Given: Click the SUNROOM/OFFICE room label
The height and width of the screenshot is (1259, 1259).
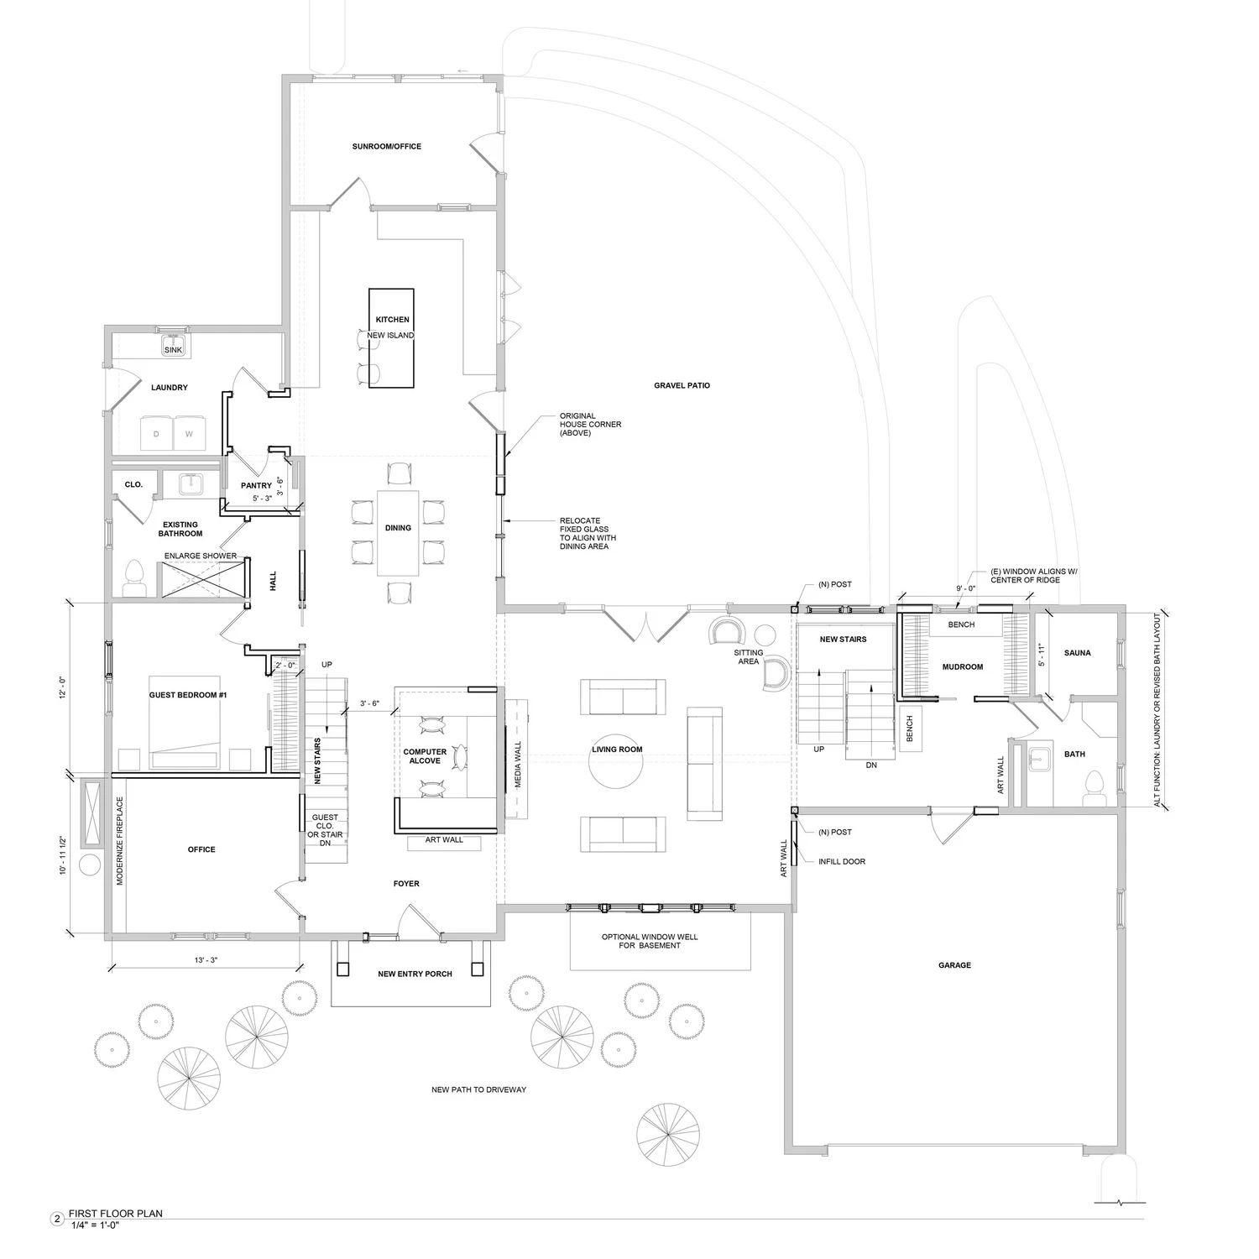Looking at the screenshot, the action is click(x=386, y=147).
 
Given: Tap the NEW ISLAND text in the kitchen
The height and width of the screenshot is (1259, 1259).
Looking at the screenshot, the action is click(x=390, y=336).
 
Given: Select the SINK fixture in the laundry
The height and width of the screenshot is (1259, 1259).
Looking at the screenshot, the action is click(x=173, y=348).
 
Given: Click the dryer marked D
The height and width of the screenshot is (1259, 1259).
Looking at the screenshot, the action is click(x=156, y=434).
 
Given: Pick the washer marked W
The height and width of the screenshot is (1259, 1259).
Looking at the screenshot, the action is click(x=190, y=434).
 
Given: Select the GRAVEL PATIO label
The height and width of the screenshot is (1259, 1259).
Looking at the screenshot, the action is click(x=682, y=386).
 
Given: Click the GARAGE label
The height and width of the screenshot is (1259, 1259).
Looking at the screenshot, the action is click(x=954, y=965).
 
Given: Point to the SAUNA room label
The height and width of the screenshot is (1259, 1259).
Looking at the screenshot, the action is click(x=1077, y=653).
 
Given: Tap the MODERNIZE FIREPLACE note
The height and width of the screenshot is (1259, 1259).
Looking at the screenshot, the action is click(x=120, y=841).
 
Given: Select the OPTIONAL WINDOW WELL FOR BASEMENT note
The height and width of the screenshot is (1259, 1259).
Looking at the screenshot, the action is click(x=650, y=941).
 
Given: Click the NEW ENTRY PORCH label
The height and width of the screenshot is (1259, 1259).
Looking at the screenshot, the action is click(x=415, y=974).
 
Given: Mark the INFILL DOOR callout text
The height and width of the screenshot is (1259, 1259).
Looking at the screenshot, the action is click(x=842, y=862).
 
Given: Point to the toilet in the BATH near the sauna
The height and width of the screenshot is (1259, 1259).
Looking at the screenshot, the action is click(x=1093, y=785).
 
